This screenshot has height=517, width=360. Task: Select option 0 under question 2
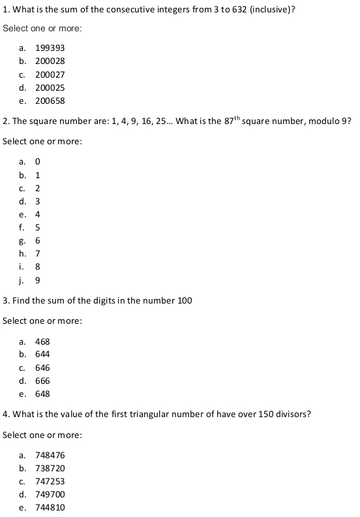click(38, 162)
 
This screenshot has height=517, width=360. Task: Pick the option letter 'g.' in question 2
click(22, 240)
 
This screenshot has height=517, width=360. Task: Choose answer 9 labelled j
click(38, 280)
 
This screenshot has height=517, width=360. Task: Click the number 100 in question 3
click(185, 300)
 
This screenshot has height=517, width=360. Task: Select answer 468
click(42, 341)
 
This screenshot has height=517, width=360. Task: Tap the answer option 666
click(42, 381)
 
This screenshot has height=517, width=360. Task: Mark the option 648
click(42, 394)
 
